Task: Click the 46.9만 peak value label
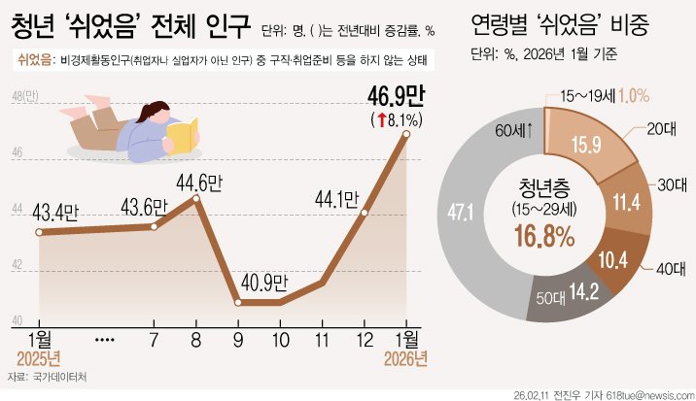[393, 97]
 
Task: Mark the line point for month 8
[197, 198]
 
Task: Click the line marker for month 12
[365, 212]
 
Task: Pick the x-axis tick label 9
[237, 341]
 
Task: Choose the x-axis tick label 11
[322, 341]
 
